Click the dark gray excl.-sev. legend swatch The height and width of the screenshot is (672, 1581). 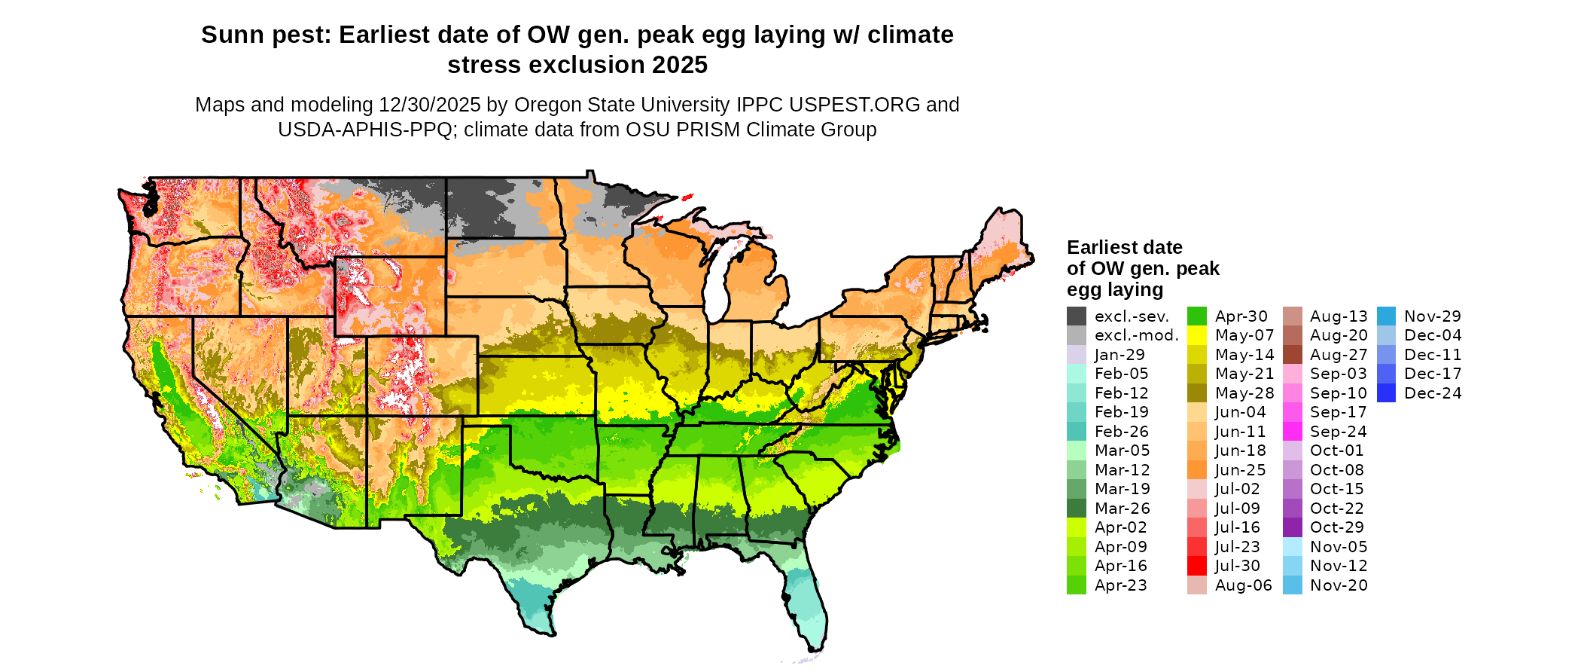[x=1077, y=316]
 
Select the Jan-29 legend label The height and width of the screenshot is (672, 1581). [x=1119, y=355]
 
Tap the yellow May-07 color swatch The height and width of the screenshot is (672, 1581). [x=1197, y=335]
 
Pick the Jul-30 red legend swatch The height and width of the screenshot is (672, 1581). [x=1197, y=566]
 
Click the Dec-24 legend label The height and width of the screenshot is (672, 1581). [x=1433, y=393]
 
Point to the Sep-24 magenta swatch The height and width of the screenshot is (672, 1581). [x=1293, y=432]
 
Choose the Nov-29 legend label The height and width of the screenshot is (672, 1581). [x=1433, y=316]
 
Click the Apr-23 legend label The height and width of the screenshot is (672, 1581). [x=1121, y=585]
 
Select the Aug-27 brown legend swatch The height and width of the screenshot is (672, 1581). [x=1293, y=355]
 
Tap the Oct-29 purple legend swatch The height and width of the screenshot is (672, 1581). [x=1293, y=527]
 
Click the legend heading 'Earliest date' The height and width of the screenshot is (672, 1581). [x=1124, y=248]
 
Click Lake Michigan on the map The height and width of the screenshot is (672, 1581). [x=717, y=279]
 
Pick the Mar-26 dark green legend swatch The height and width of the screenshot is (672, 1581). [x=1077, y=509]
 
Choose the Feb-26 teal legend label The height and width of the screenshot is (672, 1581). [x=1122, y=432]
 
